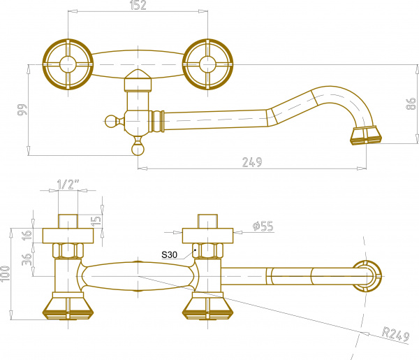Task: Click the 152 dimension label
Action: point(138,6)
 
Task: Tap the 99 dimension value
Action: point(22,109)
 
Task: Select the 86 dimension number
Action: point(411,103)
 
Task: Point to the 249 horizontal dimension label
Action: point(252,162)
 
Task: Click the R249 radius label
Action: point(396,334)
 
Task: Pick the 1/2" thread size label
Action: point(68,185)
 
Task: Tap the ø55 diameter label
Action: point(263,226)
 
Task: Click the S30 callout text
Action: point(169,254)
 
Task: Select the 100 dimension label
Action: point(5,273)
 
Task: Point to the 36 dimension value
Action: point(27,259)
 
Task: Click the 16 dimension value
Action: point(27,235)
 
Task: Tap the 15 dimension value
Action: point(96,220)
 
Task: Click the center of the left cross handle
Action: point(68,64)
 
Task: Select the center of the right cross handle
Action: point(207,64)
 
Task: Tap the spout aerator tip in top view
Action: point(366,136)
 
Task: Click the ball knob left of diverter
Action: point(110,121)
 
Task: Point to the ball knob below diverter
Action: point(138,149)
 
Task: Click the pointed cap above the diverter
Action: point(138,80)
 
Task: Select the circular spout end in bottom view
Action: point(367,276)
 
